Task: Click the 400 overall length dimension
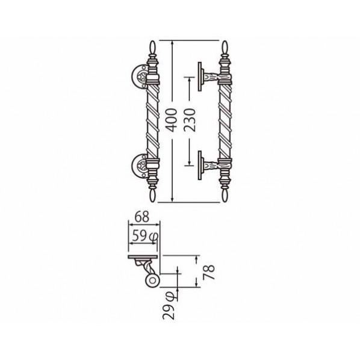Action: point(172,120)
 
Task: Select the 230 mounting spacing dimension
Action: point(190,120)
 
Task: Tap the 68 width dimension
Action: point(142,217)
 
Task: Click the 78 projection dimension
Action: point(209,272)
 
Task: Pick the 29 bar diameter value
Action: point(169,312)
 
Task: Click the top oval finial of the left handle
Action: point(153,48)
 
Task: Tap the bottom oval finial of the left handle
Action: point(153,196)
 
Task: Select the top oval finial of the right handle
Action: point(225,48)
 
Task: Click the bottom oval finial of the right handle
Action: point(225,196)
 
